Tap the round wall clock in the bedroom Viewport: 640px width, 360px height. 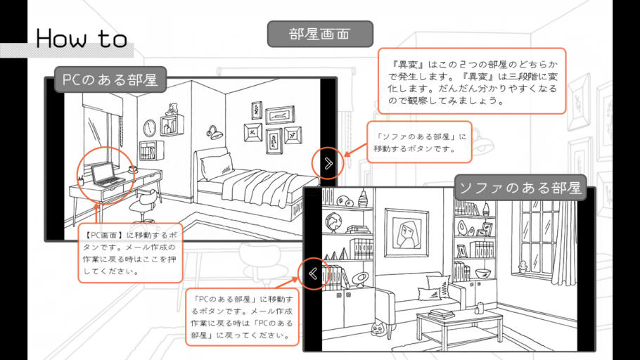pos(150,127)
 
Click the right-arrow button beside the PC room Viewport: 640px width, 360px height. pos(328,163)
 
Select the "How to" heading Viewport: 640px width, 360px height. pos(82,38)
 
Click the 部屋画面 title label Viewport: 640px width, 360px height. pos(320,34)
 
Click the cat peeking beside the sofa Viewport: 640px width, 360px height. pos(378,327)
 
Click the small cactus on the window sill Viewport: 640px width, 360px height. pos(523,266)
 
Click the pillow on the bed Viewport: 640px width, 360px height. pos(216,166)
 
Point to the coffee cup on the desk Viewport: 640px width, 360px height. pos(133,169)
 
